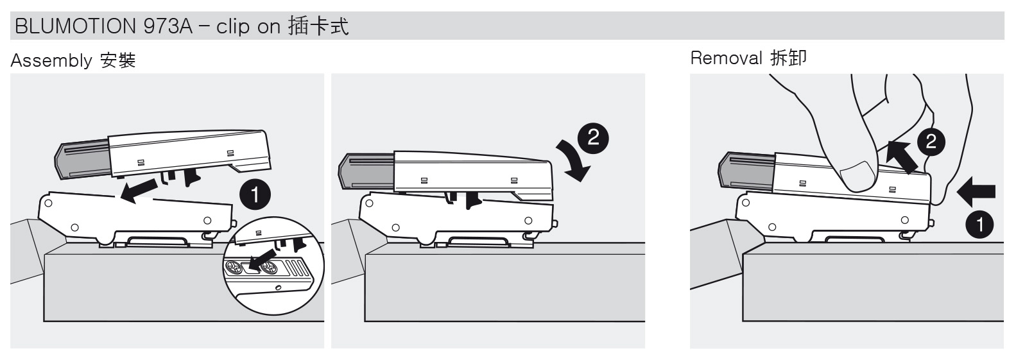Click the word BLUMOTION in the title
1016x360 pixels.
pyautogui.click(x=75, y=26)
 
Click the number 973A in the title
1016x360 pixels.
pyautogui.click(x=168, y=26)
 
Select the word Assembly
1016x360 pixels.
pyautogui.click(x=51, y=61)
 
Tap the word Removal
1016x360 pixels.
pyautogui.click(x=726, y=58)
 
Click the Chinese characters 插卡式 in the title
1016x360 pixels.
pyautogui.click(x=318, y=26)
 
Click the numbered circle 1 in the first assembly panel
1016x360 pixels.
pyautogui.click(x=255, y=195)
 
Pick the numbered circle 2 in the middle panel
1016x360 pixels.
pyautogui.click(x=593, y=137)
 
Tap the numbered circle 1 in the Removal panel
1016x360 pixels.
pyautogui.click(x=979, y=224)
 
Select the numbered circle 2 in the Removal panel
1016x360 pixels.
pyautogui.click(x=931, y=142)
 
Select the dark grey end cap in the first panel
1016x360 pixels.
pyautogui.click(x=83, y=160)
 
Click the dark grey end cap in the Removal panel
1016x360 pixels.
pyautogui.click(x=746, y=171)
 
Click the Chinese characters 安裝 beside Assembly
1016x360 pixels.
pyautogui.click(x=118, y=60)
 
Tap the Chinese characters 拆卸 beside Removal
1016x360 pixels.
pyautogui.click(x=789, y=58)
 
